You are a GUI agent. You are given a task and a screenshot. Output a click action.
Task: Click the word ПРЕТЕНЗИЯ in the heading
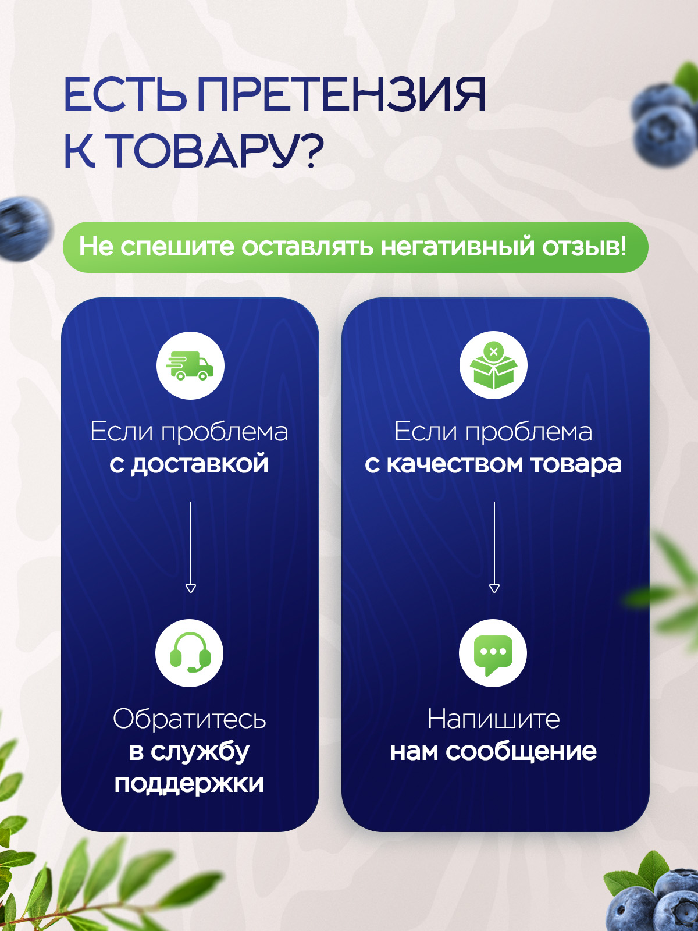tap(341, 95)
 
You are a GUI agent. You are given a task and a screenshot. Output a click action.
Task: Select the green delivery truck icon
tap(190, 365)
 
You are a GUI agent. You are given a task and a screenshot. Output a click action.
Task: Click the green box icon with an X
tap(493, 365)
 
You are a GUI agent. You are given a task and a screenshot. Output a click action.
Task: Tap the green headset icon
tap(190, 652)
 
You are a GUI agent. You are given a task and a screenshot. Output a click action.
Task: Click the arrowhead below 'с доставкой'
tap(191, 588)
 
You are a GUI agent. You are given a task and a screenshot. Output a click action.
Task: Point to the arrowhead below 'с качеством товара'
tap(494, 588)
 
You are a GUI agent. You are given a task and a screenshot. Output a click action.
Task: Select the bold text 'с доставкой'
tap(189, 464)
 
